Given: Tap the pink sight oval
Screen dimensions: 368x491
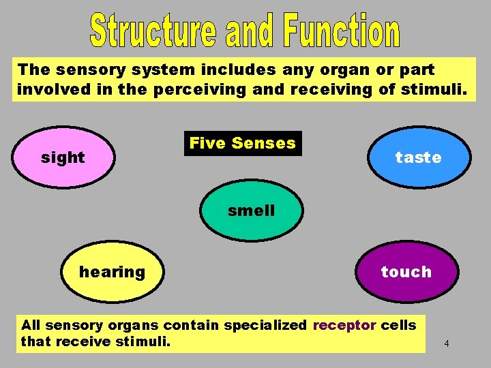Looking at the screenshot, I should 63,157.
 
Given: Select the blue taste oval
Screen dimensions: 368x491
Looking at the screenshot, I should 418,157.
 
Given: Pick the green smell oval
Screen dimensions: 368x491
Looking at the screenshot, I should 252,211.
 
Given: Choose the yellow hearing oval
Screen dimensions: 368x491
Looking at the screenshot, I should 113,272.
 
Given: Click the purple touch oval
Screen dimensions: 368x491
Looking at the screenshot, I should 406,272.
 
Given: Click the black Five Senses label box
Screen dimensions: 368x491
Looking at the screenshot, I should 243,143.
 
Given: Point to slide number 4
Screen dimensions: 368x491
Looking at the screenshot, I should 446,343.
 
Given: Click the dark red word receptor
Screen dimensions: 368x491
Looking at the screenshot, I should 344,325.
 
